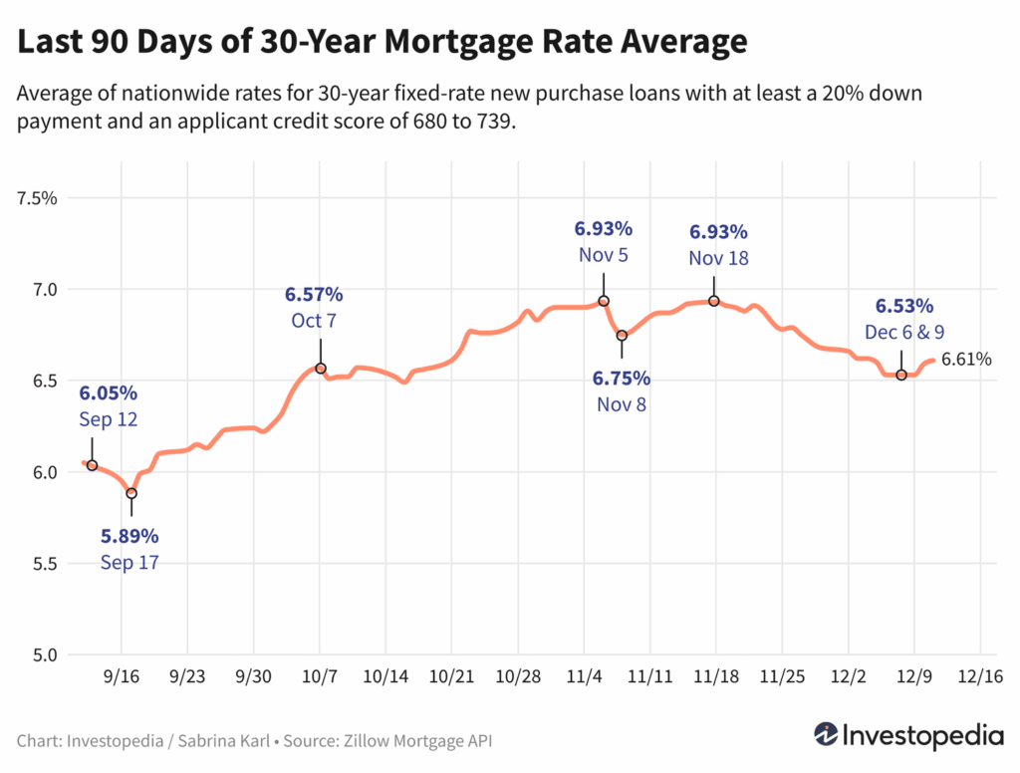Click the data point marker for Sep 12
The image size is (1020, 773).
pos(92,465)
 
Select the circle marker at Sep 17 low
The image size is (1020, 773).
pos(131,493)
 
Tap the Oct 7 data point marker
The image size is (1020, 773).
pos(321,369)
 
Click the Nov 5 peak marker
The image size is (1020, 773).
pos(604,301)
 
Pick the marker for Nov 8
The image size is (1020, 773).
pos(622,336)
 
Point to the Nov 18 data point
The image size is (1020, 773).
pos(714,301)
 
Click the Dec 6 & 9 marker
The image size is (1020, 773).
pos(901,375)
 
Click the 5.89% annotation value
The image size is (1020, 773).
pos(129,537)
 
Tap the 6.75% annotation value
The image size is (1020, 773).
pos(622,379)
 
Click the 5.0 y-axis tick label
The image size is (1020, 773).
pos(45,655)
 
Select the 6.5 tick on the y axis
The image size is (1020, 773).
pos(45,381)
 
